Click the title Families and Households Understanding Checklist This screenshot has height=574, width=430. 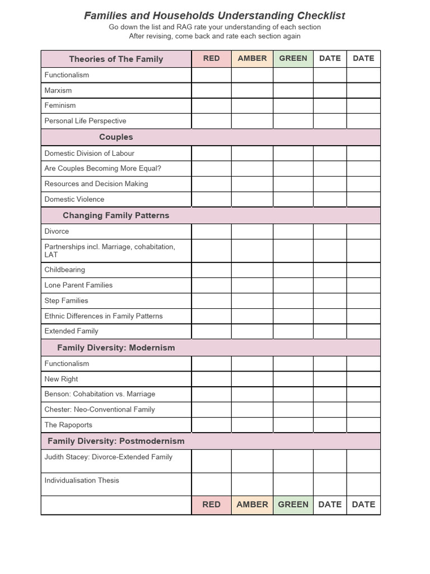[x=214, y=16]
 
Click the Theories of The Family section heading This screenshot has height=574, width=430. [x=116, y=59]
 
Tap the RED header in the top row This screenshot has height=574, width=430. [x=211, y=58]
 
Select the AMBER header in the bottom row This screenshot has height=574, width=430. [x=252, y=504]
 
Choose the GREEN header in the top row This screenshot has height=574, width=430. [x=293, y=58]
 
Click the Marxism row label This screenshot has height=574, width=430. [x=58, y=90]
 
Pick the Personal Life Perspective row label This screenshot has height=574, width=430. [x=85, y=121]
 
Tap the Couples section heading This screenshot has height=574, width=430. [x=116, y=137]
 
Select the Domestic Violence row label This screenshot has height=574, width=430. [x=74, y=199]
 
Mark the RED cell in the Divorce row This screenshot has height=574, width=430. [x=211, y=232]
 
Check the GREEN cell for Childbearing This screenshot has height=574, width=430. [x=293, y=270]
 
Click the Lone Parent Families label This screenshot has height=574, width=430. [x=78, y=285]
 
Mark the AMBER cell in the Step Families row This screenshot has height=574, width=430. [x=252, y=300]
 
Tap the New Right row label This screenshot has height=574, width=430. [x=61, y=379]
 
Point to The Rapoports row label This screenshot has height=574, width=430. [x=68, y=425]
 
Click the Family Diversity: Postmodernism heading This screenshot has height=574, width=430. [x=116, y=441]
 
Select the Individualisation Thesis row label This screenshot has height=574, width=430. [x=82, y=480]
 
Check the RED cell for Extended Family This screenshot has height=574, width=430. [x=211, y=331]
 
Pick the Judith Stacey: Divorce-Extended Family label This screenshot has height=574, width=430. [x=108, y=457]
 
